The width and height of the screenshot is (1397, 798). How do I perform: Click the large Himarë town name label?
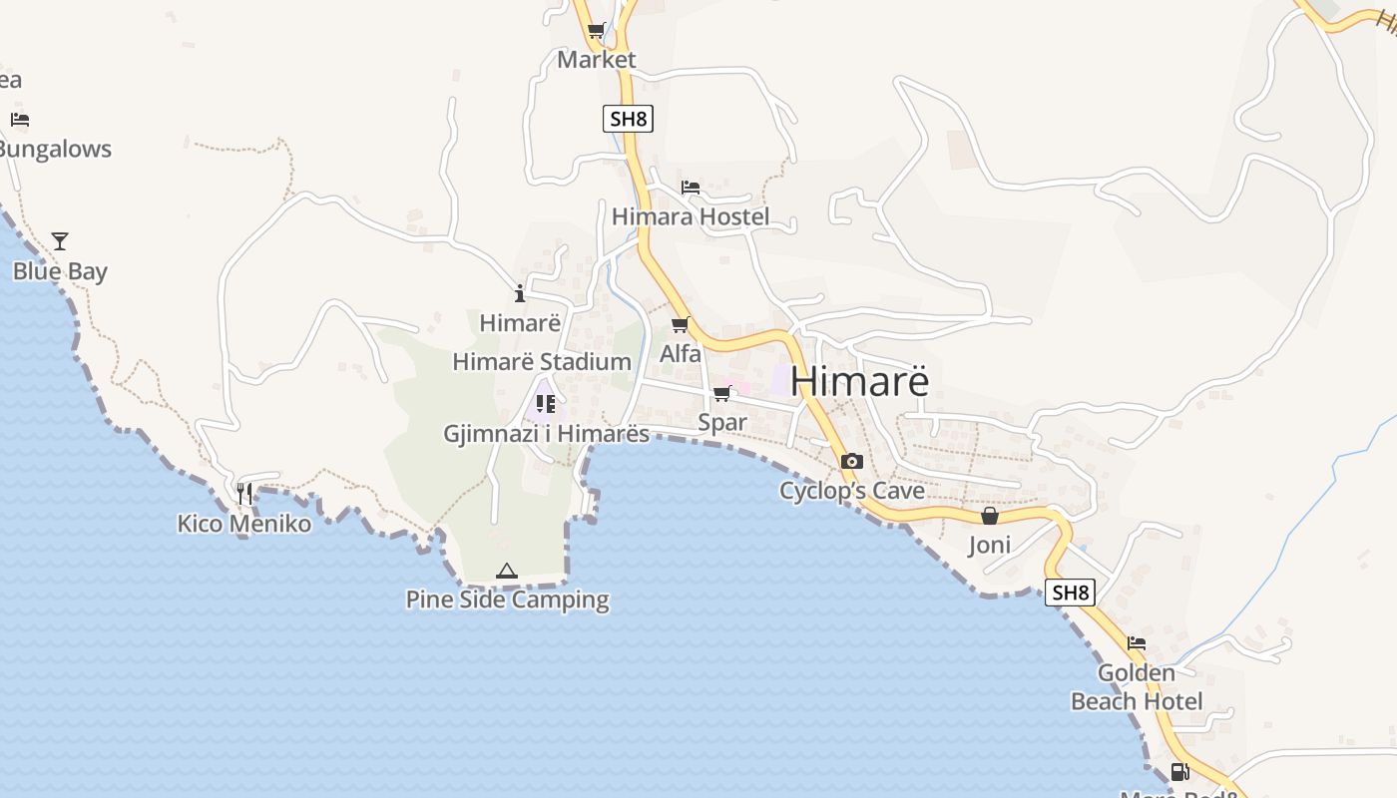tap(859, 381)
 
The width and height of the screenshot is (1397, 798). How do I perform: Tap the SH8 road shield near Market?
tap(629, 119)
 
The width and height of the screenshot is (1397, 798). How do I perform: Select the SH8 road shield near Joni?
tap(1070, 593)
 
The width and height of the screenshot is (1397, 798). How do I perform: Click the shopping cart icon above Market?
tap(596, 30)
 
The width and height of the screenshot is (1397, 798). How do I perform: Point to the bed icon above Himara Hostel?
tap(690, 187)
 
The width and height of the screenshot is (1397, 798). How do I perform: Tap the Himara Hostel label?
tap(690, 216)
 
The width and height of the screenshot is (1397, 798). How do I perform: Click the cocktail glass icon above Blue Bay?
tap(60, 241)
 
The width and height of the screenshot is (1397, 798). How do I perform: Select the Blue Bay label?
tap(60, 271)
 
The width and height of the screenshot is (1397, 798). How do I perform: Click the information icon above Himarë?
tap(519, 293)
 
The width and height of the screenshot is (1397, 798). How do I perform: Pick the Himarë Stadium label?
tap(542, 361)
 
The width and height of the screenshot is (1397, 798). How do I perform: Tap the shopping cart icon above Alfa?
tap(681, 324)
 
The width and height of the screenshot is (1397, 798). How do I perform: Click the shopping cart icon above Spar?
tap(721, 394)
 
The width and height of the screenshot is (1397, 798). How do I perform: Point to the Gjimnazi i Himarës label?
tap(546, 434)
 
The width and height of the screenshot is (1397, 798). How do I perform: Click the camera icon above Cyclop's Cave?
tap(851, 461)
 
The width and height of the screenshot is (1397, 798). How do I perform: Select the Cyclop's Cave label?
tap(852, 491)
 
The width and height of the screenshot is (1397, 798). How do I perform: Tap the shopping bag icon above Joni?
tap(989, 516)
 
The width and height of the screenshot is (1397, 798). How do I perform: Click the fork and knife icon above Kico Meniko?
tap(244, 493)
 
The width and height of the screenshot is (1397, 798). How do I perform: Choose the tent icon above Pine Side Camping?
tap(506, 572)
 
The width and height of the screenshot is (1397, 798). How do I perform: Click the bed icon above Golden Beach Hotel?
tap(1137, 643)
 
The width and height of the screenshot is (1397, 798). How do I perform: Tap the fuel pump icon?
tap(1179, 771)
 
